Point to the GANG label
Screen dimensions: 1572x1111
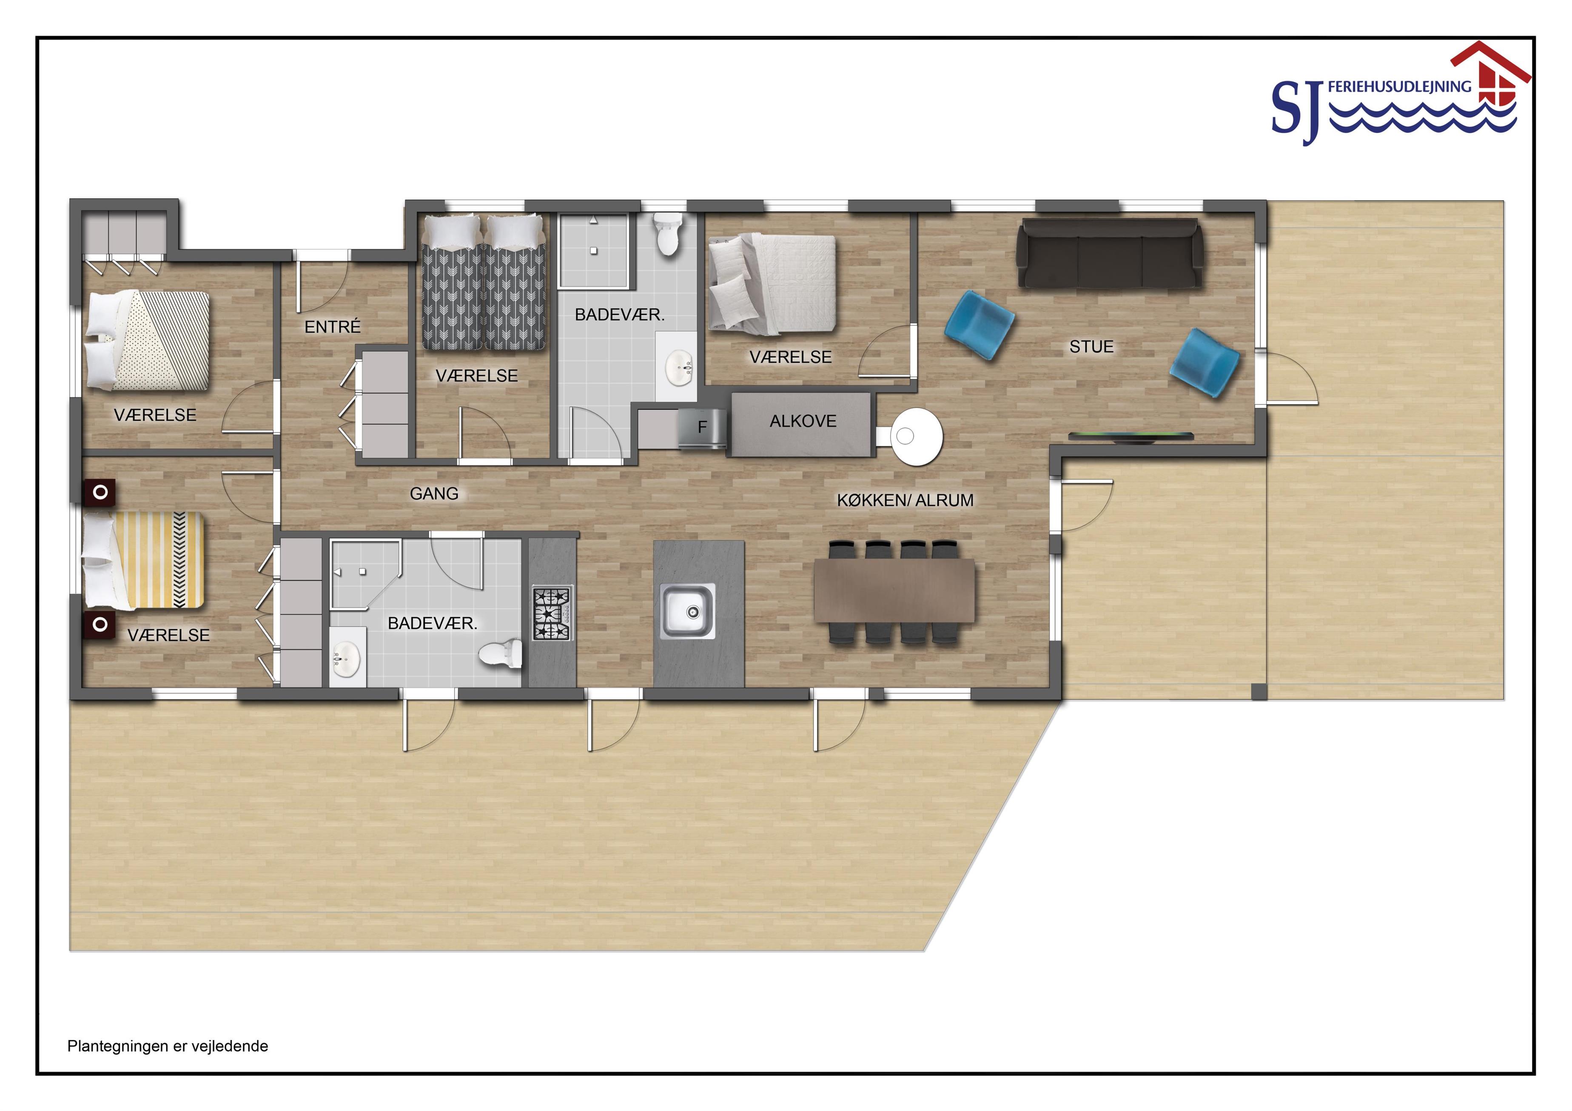[x=434, y=494]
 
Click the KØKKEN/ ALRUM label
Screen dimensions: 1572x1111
[x=905, y=500]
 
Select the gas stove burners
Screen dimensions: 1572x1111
[x=552, y=614]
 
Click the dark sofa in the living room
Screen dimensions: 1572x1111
[x=1110, y=253]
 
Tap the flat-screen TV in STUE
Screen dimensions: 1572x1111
[x=1131, y=437]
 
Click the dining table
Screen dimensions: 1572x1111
[x=894, y=591]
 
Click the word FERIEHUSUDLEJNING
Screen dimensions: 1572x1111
[x=1399, y=87]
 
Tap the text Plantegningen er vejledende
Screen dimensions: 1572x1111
[x=168, y=1046]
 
